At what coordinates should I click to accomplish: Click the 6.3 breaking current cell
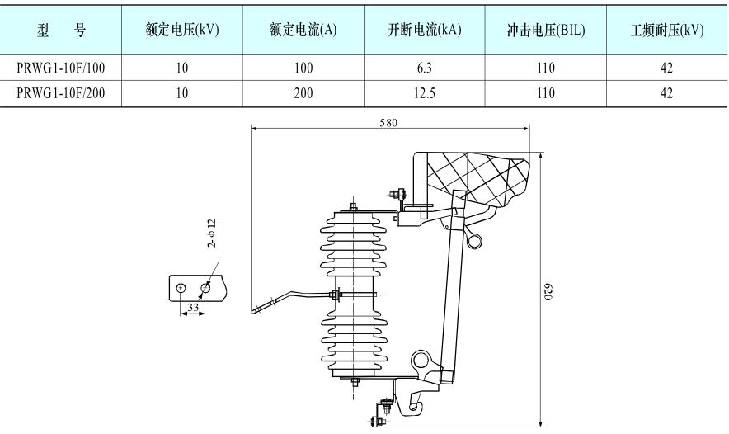[424, 71]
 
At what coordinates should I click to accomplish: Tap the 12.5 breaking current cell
[424, 93]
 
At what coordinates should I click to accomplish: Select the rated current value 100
[303, 71]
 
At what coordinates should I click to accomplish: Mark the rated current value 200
[303, 93]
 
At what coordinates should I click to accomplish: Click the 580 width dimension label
[388, 122]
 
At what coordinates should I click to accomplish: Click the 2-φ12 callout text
[212, 234]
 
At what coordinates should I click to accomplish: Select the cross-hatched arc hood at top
[478, 177]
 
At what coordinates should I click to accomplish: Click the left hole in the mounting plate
[181, 288]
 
